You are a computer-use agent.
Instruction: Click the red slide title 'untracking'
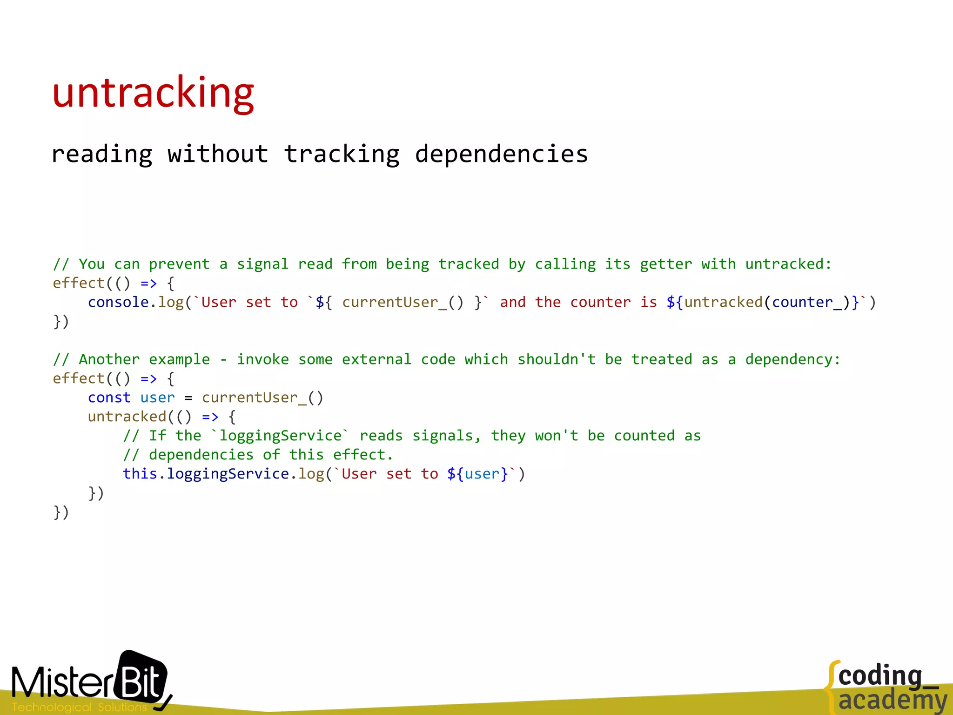coord(153,93)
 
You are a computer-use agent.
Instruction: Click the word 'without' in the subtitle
coord(218,154)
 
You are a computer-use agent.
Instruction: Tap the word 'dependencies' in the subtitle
coord(501,154)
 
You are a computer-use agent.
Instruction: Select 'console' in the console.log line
coord(118,303)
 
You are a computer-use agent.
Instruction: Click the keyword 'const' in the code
coord(109,398)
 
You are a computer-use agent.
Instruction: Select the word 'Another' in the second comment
coord(109,360)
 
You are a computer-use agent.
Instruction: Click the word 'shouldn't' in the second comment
coord(557,360)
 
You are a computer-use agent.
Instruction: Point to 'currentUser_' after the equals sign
coord(254,398)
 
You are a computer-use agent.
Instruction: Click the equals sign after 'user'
coord(188,398)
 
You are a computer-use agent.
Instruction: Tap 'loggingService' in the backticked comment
coord(280,436)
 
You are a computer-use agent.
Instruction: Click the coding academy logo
coord(886,687)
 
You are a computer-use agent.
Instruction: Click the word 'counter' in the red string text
coord(600,303)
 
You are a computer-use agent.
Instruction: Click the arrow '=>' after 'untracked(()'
coord(210,417)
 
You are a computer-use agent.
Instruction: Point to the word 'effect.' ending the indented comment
coord(363,455)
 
